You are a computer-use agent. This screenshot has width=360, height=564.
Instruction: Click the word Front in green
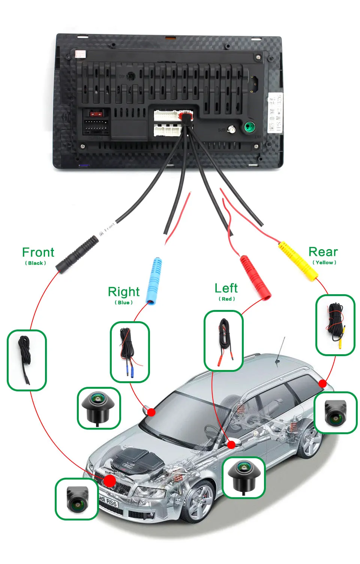tap(38, 252)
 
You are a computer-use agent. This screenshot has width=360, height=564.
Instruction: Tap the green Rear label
tap(323, 252)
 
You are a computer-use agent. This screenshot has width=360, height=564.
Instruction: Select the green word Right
tap(123, 292)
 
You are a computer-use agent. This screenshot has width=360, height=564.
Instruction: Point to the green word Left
tap(226, 288)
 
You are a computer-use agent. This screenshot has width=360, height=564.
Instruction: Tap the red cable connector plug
tap(255, 277)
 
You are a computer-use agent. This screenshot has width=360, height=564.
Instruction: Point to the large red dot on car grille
tap(110, 481)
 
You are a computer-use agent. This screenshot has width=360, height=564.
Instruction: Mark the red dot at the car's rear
tap(322, 384)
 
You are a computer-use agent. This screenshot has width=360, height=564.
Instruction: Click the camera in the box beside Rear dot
tap(335, 413)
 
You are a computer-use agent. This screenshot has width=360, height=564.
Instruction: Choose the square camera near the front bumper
tap(77, 499)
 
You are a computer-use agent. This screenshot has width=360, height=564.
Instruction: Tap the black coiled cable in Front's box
tap(25, 359)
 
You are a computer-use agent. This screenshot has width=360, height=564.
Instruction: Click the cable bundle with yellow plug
tap(335, 324)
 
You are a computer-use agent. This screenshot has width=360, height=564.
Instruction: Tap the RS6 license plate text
tap(108, 501)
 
